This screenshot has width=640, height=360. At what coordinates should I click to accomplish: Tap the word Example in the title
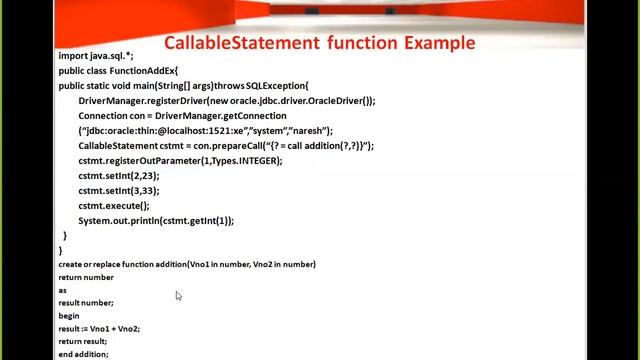[x=439, y=43]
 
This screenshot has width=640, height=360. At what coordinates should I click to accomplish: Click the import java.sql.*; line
[x=96, y=57]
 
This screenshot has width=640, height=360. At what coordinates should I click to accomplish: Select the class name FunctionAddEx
[x=143, y=71]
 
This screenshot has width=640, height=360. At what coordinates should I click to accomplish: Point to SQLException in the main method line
[x=275, y=86]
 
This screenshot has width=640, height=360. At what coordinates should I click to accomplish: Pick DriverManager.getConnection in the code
[x=221, y=116]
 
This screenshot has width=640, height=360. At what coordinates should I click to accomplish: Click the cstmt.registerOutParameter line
[x=180, y=161]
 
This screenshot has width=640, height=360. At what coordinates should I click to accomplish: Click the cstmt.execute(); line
[x=114, y=206]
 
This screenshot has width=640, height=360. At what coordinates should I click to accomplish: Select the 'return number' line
[x=86, y=278]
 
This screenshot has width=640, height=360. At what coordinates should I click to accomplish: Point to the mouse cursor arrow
[x=178, y=295]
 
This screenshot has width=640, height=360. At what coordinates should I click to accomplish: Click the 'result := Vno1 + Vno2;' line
[x=99, y=329]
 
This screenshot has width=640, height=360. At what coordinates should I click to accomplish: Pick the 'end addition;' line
[x=83, y=354]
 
